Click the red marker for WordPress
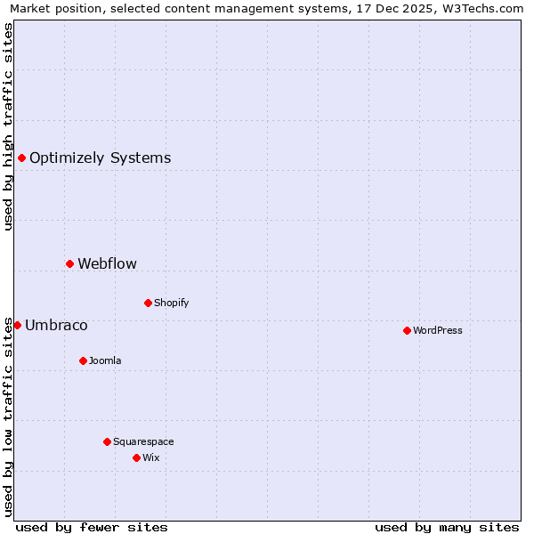pyautogui.click(x=407, y=330)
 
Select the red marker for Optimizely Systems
pyautogui.click(x=21, y=158)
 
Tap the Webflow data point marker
pyautogui.click(x=69, y=263)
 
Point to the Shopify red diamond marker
pyautogui.click(x=148, y=303)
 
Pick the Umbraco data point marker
pyautogui.click(x=17, y=325)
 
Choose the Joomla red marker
pyautogui.click(x=83, y=360)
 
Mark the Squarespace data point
pyautogui.click(x=107, y=441)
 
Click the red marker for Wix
pyautogui.click(x=136, y=457)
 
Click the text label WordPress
pyautogui.click(x=438, y=330)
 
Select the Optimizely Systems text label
pyautogui.click(x=100, y=158)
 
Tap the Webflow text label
pyautogui.click(x=107, y=263)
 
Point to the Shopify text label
pyautogui.click(x=171, y=303)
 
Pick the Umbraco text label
pyautogui.click(x=56, y=325)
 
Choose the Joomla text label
pyautogui.click(x=105, y=360)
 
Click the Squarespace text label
pyautogui.click(x=143, y=441)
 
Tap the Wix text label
pyautogui.click(x=150, y=457)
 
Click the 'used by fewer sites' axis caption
pyautogui.click(x=92, y=527)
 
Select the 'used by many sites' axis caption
pyautogui.click(x=447, y=527)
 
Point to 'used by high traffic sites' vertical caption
pyautogui.click(x=9, y=126)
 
